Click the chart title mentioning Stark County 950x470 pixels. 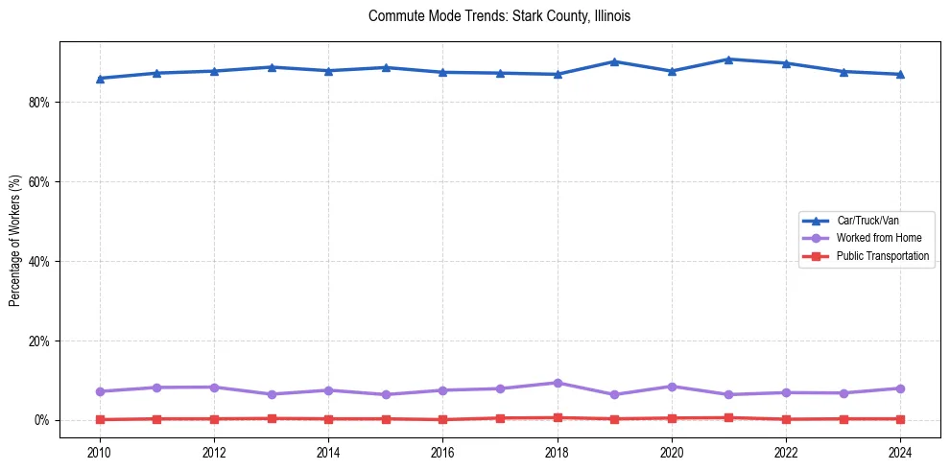click(x=499, y=16)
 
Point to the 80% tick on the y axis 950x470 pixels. click(x=38, y=103)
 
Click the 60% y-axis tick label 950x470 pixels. click(x=38, y=182)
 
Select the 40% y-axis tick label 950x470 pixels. click(x=38, y=262)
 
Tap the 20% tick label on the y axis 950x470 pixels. click(x=38, y=341)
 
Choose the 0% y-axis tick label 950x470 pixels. click(x=41, y=421)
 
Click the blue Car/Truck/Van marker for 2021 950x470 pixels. click(x=729, y=59)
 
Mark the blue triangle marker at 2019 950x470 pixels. click(x=614, y=61)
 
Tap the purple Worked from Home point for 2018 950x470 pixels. click(x=558, y=383)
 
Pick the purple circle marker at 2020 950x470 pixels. click(x=672, y=387)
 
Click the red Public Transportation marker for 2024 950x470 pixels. click(x=900, y=419)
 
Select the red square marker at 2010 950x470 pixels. click(x=100, y=420)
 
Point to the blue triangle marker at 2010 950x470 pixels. click(x=100, y=79)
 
